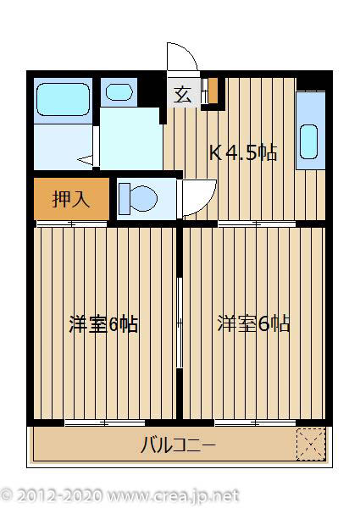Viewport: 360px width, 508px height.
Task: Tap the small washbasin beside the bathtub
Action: pyautogui.click(x=119, y=91)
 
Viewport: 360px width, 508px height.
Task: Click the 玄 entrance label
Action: pyautogui.click(x=182, y=95)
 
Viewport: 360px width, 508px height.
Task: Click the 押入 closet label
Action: pyautogui.click(x=71, y=200)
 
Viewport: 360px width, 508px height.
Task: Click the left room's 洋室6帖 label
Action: pyautogui.click(x=103, y=324)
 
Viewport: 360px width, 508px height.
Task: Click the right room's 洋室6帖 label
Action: pyautogui.click(x=253, y=324)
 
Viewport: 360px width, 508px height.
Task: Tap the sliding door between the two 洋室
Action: pyautogui.click(x=180, y=322)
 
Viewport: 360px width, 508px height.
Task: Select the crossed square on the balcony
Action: pyautogui.click(x=310, y=442)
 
